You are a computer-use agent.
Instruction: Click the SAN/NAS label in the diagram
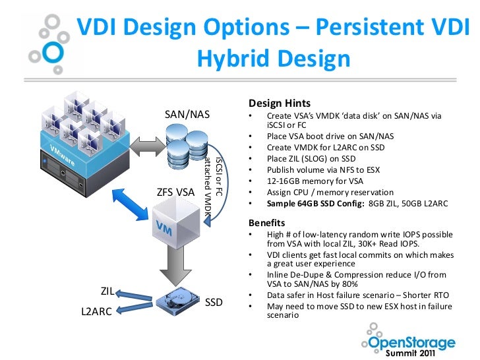187,115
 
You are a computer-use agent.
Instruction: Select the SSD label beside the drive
214,303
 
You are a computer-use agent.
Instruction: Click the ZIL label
107,291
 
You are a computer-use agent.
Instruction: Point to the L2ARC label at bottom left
97,311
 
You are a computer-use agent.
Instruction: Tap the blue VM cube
176,225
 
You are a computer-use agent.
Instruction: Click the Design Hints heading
280,104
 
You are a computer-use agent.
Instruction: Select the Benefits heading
267,222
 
